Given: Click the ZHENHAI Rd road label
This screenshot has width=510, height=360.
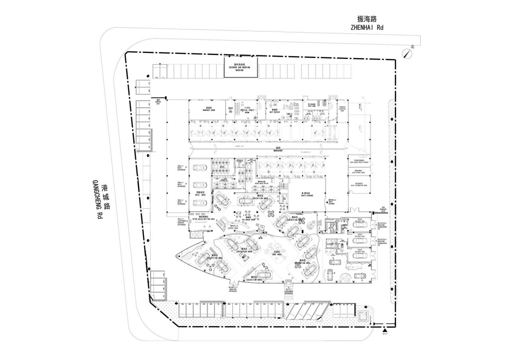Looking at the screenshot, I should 367,27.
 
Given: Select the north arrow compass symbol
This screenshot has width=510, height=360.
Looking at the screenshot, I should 407,54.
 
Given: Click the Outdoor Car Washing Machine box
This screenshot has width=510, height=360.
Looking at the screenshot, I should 240,67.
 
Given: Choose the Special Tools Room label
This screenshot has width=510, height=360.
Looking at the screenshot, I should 247,110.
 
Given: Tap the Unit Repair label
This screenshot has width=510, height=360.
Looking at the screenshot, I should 275,111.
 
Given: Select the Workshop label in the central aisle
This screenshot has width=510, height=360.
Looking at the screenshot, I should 278,150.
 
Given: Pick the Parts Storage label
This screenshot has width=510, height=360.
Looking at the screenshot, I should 307,195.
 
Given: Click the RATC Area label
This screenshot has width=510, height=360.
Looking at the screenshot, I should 200,194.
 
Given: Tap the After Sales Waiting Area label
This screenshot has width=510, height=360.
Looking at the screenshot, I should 204,218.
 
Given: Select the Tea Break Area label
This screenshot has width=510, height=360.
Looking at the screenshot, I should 248,219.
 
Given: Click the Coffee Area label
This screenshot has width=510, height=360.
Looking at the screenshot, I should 233,228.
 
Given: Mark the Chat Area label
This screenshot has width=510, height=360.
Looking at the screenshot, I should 277,253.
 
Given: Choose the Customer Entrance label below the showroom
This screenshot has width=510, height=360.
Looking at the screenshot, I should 288,292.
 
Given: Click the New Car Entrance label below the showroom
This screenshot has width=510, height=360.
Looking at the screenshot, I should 233,290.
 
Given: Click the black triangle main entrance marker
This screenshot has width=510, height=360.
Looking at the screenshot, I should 384,330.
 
